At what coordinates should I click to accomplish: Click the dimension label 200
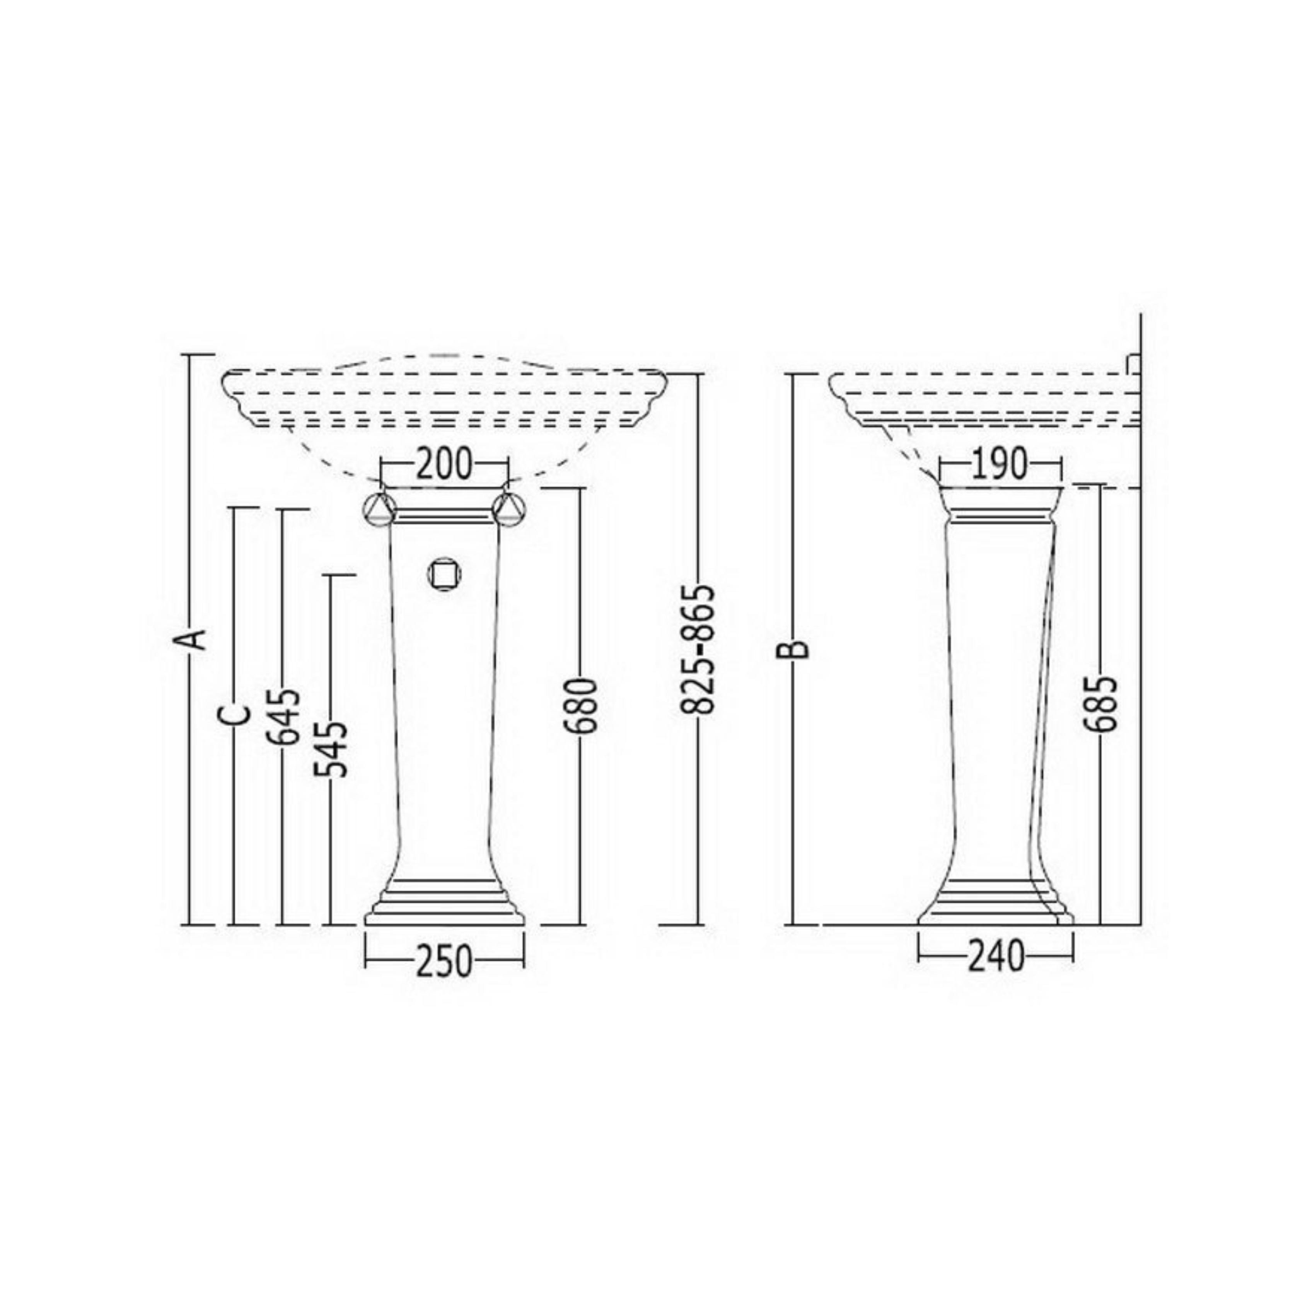click(x=444, y=465)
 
